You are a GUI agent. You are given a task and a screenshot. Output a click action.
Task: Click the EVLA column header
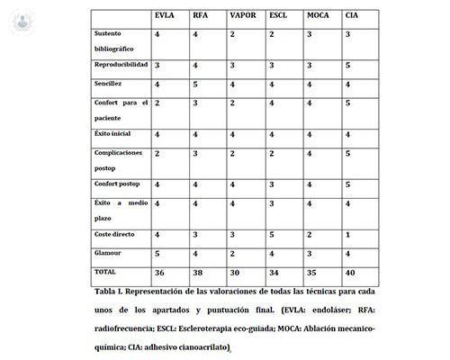(x=166, y=16)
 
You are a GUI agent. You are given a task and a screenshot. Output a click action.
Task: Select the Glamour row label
(x=110, y=254)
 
